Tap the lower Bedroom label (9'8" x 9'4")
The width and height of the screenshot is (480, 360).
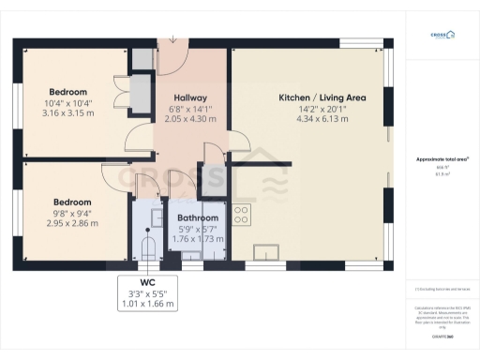pos(71,202)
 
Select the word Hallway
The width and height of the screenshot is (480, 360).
pos(189,97)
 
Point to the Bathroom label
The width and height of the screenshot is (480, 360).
pos(198,217)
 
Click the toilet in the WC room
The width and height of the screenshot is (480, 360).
pos(146,248)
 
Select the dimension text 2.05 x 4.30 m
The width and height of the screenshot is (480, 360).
pos(189,119)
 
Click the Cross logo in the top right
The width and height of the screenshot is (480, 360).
pos(442,36)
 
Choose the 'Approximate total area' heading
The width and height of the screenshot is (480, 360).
pos(442,159)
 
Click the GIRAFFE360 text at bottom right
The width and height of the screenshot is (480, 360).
pos(442,336)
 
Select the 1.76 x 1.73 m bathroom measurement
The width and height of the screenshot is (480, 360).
pos(198,240)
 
